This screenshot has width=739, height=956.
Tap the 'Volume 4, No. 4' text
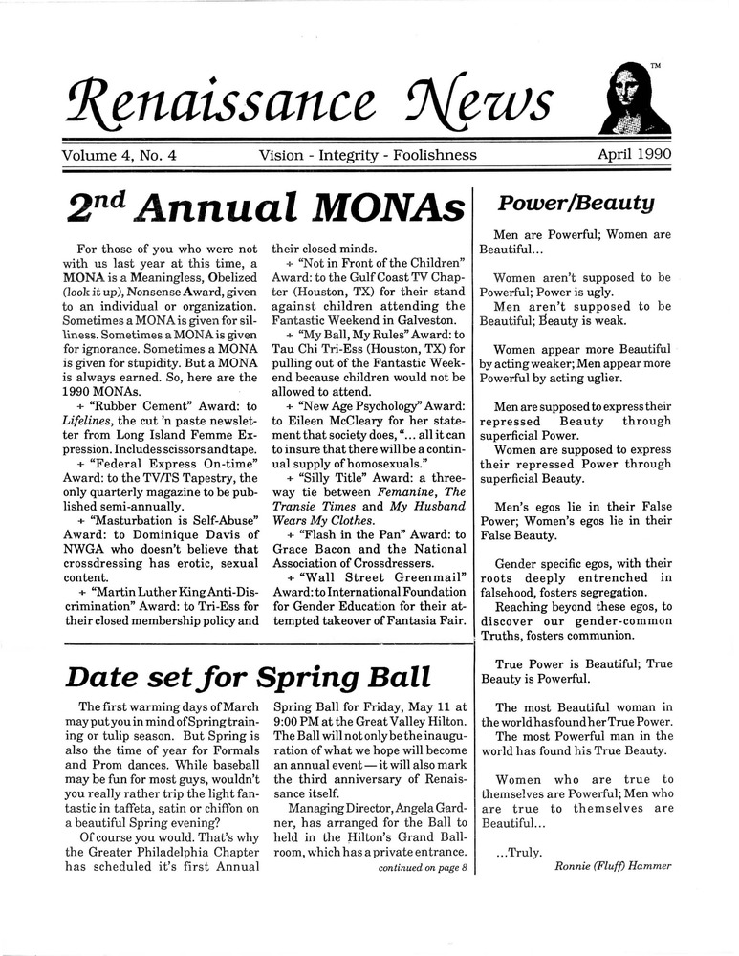coord(124,153)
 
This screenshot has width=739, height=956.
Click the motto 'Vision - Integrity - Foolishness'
coord(367,153)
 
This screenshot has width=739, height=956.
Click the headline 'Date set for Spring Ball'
coord(247,677)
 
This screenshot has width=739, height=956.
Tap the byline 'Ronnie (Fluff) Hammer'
coord(613,867)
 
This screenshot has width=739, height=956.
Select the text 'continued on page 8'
coord(422,868)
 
